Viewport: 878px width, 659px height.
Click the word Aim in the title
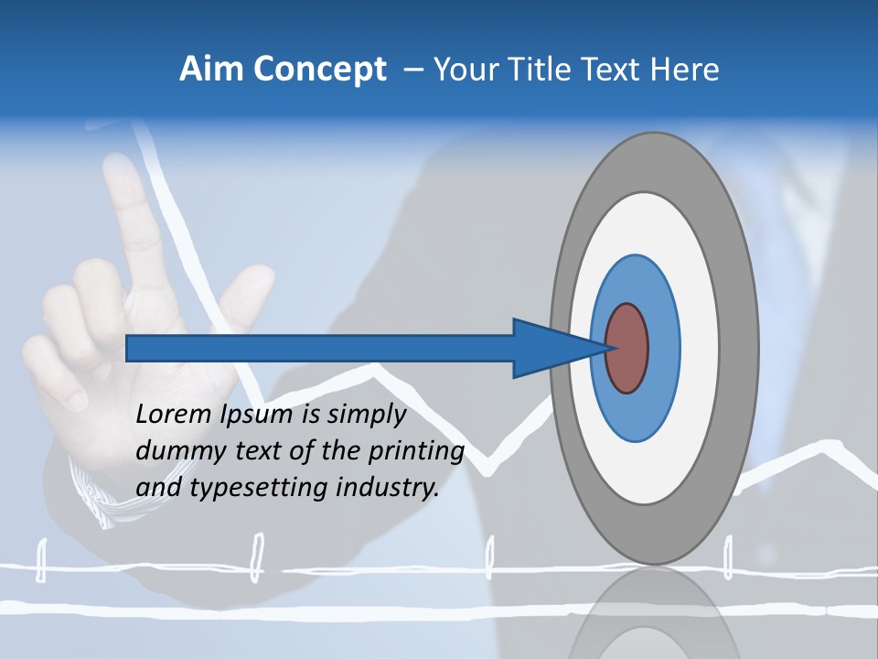(209, 70)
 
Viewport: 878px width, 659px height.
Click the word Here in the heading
(687, 70)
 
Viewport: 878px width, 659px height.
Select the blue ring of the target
(663, 349)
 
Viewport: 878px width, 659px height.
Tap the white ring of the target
(699, 349)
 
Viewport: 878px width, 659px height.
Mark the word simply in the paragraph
(367, 416)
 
